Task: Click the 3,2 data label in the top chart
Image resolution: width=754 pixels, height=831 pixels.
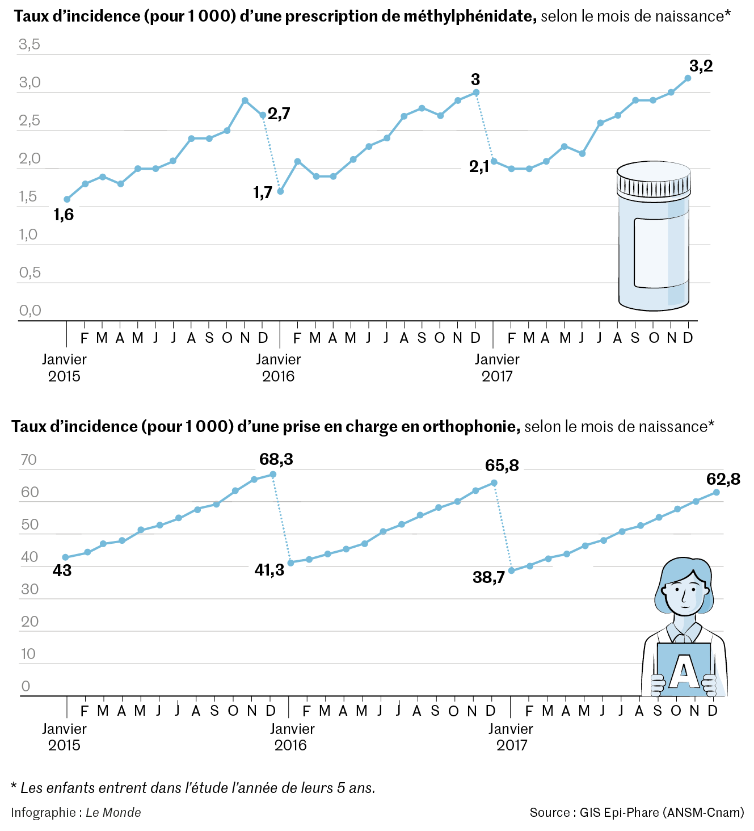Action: (701, 66)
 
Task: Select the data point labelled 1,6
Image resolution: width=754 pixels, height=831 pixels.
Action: (67, 199)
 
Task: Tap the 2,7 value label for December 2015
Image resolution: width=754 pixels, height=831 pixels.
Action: (279, 114)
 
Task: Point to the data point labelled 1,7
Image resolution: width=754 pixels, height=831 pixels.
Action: (280, 191)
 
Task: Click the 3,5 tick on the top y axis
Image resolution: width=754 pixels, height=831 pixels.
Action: (30, 44)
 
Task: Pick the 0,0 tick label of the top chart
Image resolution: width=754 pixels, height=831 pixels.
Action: (30, 310)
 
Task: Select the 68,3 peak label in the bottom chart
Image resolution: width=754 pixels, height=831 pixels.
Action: (276, 459)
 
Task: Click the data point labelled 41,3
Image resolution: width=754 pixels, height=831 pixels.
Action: (290, 563)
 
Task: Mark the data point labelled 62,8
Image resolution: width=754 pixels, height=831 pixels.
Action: (717, 492)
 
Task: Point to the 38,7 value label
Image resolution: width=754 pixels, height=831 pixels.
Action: (488, 578)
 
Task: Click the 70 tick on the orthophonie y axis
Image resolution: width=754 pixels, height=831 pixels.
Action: (28, 460)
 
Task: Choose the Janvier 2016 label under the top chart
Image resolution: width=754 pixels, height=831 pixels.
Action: (278, 367)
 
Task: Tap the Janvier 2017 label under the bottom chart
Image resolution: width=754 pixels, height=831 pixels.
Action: (511, 737)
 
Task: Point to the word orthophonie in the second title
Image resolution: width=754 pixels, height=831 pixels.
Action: (471, 426)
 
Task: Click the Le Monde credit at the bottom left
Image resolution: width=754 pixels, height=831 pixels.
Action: (113, 812)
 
